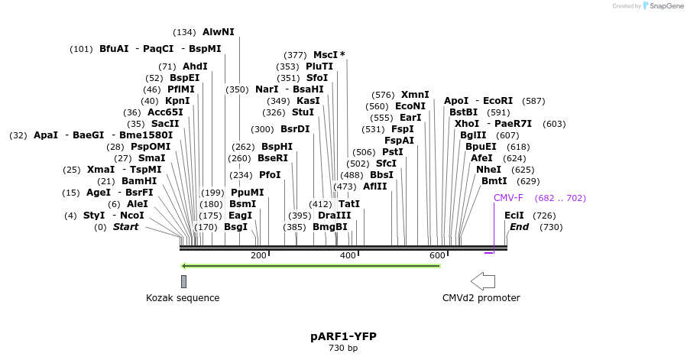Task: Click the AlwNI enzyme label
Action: click(219, 32)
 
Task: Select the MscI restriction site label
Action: click(326, 55)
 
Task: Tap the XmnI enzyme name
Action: click(415, 95)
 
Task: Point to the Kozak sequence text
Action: click(183, 298)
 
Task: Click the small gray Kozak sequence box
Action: click(183, 281)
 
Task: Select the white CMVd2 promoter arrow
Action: click(483, 281)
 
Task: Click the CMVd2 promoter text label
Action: click(481, 298)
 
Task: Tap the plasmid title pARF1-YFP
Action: click(343, 336)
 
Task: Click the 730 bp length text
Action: click(343, 349)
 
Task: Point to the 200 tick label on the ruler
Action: click(258, 255)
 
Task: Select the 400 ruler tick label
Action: click(348, 255)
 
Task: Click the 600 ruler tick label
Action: click(437, 255)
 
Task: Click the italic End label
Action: click(520, 227)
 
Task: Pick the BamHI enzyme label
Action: click(139, 181)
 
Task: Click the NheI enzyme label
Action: click(488, 170)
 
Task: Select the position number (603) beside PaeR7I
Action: click(554, 124)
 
